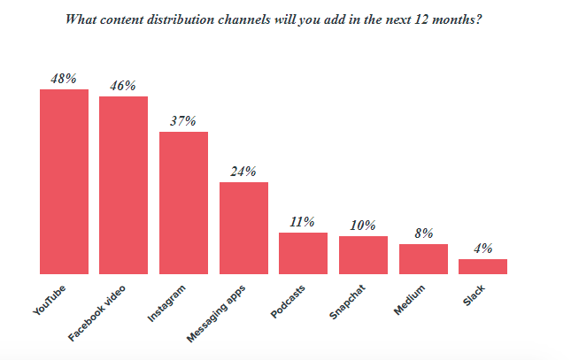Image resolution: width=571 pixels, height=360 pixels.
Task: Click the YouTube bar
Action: point(64,181)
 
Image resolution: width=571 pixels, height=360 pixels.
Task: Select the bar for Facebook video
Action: point(123,185)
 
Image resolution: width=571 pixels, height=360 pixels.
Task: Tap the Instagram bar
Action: point(183,203)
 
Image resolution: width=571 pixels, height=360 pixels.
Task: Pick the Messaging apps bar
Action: point(243,228)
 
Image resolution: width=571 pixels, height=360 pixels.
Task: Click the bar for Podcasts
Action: point(303,253)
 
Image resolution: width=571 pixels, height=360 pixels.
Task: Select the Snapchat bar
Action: point(363,255)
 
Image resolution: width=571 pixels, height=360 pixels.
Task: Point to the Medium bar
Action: point(423,258)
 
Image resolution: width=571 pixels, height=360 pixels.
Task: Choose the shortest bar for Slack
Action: point(482,266)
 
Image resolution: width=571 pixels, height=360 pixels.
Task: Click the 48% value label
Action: point(64,79)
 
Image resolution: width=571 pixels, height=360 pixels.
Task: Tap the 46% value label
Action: point(123,86)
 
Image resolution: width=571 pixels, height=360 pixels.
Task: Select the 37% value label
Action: point(183,121)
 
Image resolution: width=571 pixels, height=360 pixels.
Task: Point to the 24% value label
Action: point(243,172)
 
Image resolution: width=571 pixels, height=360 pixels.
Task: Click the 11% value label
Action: point(303,222)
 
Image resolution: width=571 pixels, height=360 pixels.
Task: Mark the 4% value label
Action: point(482,249)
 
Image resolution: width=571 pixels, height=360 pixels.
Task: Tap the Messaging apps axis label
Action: point(218,311)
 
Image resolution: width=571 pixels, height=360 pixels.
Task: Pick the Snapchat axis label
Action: point(347,301)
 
